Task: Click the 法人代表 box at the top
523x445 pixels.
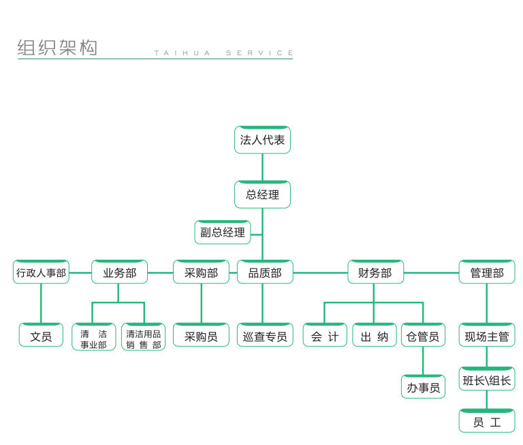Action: [x=262, y=140]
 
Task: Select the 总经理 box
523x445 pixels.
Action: [x=262, y=195]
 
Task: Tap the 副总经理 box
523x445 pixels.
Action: [x=223, y=232]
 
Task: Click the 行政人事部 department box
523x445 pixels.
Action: [x=41, y=273]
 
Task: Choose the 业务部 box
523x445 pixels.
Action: [x=119, y=273]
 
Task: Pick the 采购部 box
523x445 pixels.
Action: [x=201, y=273]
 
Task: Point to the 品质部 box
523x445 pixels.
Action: [x=265, y=273]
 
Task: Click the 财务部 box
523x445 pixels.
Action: [x=375, y=273]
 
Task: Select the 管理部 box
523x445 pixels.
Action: [x=487, y=273]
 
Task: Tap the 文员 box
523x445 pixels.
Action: [x=41, y=336]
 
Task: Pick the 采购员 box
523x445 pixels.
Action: [x=201, y=336]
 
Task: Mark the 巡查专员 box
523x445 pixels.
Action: [x=265, y=336]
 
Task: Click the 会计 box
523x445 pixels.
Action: [x=325, y=336]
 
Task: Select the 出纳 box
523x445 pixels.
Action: [x=375, y=336]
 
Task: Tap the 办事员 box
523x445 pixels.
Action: [x=423, y=387]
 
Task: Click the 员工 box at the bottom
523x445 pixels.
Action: [x=487, y=421]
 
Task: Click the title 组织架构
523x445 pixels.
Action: [x=57, y=48]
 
